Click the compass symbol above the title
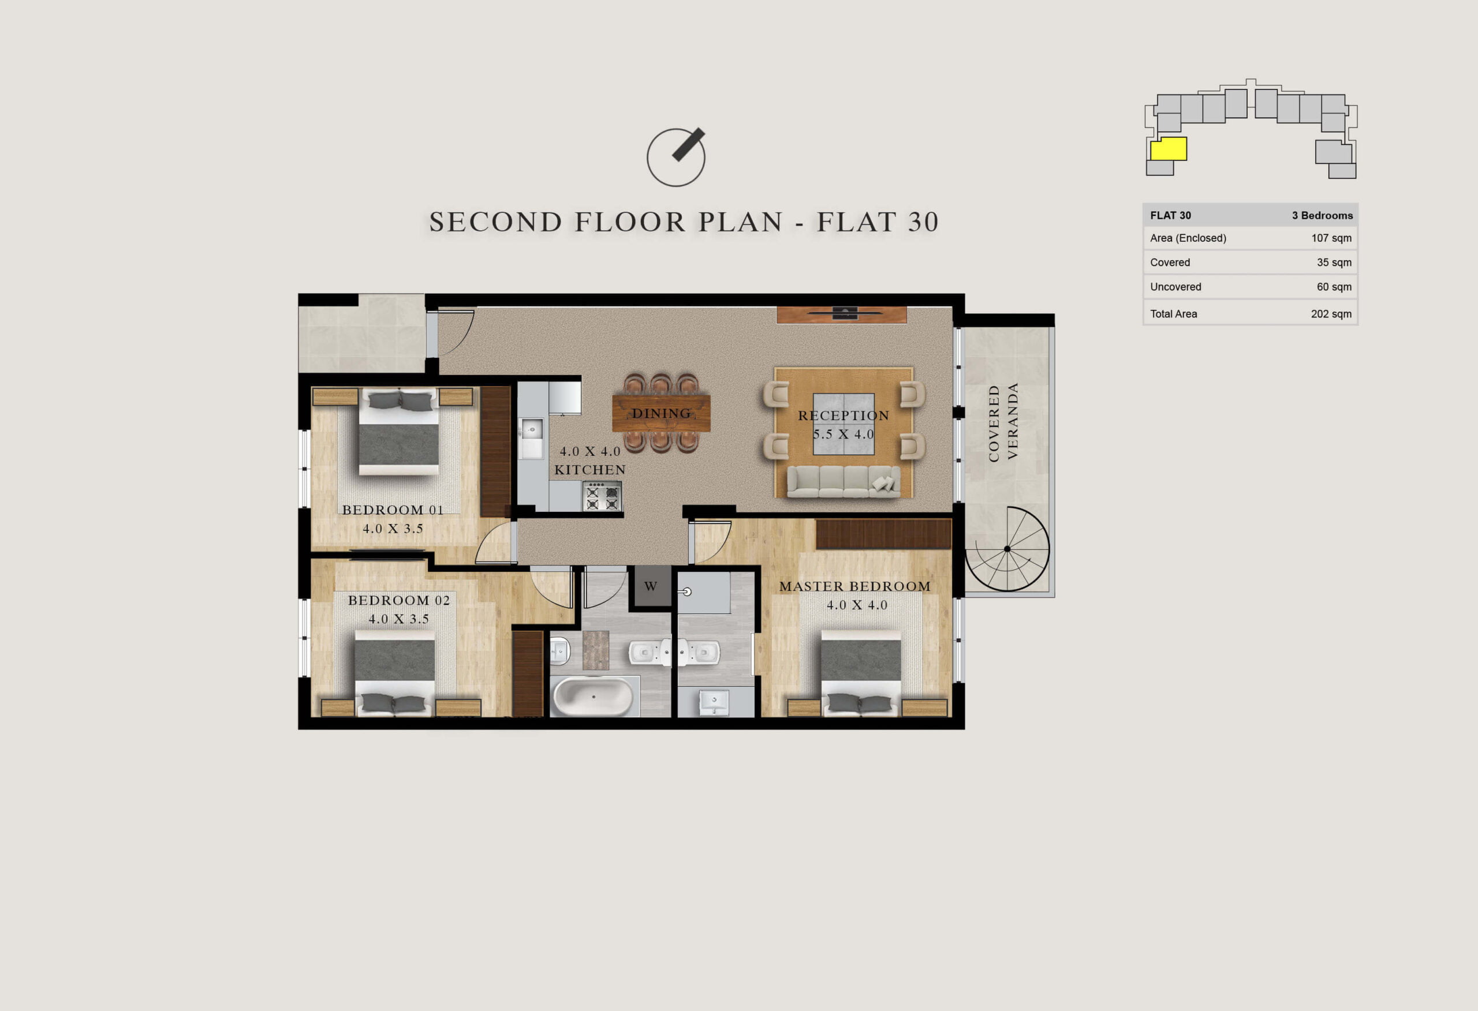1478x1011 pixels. point(676,158)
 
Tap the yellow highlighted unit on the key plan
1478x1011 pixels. point(1169,149)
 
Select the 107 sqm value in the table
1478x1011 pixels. point(1331,238)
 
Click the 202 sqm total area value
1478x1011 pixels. point(1331,313)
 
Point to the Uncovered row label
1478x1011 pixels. point(1175,287)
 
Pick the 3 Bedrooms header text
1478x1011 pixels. point(1322,216)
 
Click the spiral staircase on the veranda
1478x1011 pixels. point(1007,549)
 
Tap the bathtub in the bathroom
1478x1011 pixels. point(594,697)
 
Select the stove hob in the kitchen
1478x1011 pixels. point(602,496)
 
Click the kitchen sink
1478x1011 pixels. point(531,429)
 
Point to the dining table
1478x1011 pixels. point(661,413)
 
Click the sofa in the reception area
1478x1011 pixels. point(843,481)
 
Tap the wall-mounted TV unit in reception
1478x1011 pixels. point(841,314)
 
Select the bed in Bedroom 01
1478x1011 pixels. point(399,431)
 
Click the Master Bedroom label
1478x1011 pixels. point(854,586)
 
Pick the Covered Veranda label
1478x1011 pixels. point(1003,422)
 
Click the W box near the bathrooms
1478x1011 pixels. point(651,586)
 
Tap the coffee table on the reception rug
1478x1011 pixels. point(843,424)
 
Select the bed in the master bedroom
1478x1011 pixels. point(860,673)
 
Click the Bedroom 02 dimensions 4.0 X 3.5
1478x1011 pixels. point(399,619)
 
